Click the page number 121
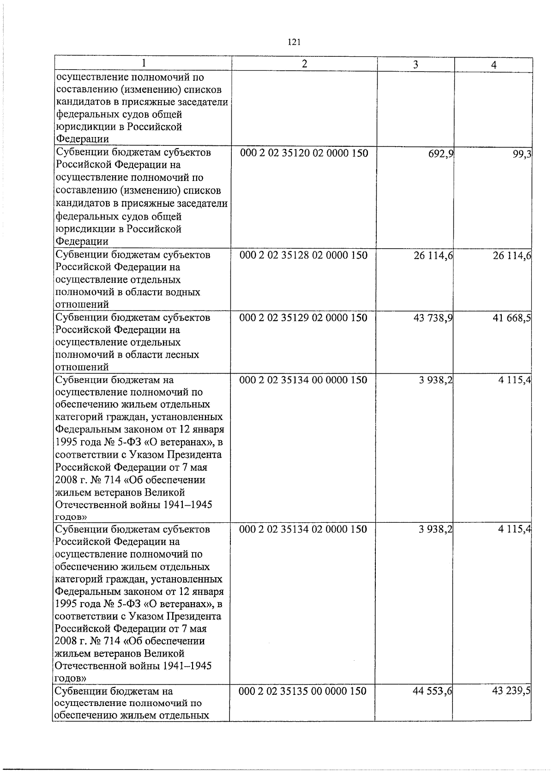[294, 42]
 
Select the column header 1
[144, 63]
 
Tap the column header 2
[304, 64]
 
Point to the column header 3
[415, 65]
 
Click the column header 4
[494, 66]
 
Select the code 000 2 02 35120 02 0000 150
[304, 153]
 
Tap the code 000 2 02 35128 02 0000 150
[304, 255]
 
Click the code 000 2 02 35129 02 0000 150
[304, 318]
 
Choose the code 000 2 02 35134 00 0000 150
[303, 380]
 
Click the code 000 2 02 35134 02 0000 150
[303, 529]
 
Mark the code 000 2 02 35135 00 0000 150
[303, 691]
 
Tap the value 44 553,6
[433, 692]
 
